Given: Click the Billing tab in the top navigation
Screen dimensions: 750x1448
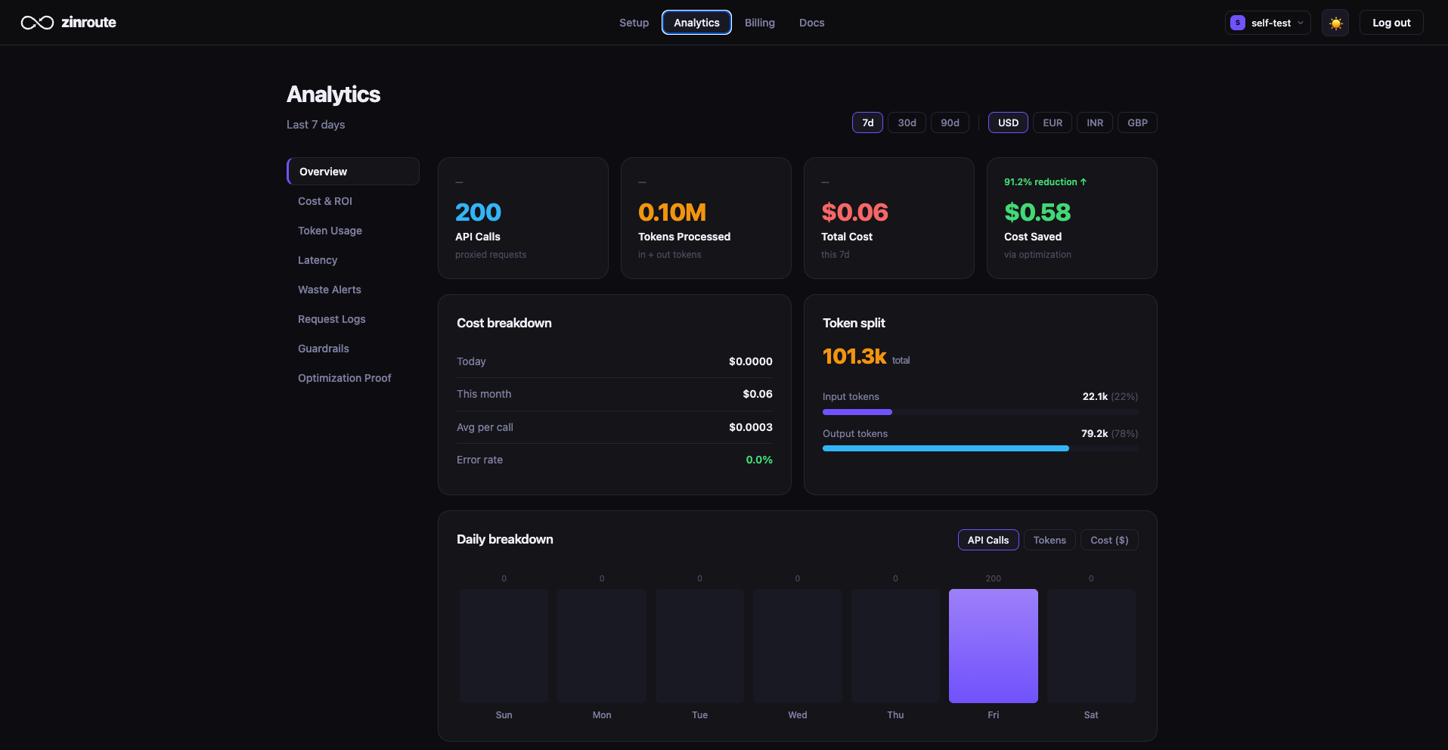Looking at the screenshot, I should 759,23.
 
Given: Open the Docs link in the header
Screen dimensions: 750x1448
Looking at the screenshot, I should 811,23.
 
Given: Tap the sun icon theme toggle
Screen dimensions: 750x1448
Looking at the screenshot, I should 1335,23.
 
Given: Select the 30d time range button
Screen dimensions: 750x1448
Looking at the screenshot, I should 907,122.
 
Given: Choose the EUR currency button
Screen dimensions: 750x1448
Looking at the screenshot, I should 1053,122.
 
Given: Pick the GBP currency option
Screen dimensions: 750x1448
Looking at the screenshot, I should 1137,122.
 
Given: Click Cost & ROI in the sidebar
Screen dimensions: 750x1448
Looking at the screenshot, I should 325,201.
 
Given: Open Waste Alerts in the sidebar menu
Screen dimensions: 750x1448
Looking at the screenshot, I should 330,290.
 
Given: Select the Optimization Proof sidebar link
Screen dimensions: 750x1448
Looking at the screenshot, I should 345,378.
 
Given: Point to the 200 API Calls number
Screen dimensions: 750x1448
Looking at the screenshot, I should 478,212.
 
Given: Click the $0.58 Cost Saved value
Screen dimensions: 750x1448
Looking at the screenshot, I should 1037,212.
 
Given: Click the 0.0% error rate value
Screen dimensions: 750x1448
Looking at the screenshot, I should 759,460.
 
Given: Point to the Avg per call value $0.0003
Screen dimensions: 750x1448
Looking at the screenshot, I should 750,427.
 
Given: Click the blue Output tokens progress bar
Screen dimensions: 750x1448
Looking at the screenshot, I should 945,448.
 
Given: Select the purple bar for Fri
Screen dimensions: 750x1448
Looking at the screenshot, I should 993,646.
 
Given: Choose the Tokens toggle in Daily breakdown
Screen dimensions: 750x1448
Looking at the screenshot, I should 1050,540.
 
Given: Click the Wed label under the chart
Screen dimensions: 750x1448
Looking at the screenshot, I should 798,715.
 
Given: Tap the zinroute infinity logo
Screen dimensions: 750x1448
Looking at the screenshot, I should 37,23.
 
